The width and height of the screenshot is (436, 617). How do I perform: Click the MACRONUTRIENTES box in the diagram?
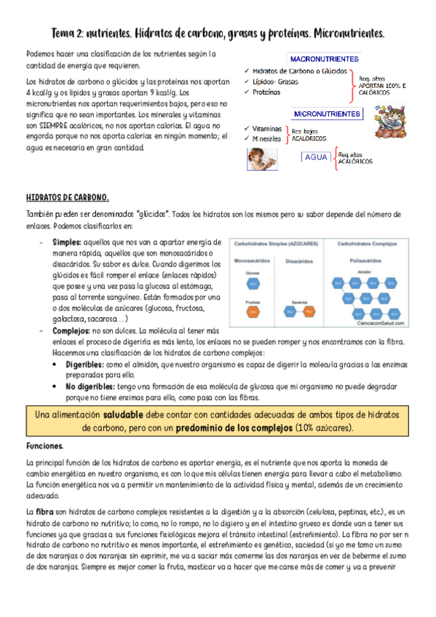(324, 57)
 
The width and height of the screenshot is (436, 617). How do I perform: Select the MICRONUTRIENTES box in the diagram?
(327, 114)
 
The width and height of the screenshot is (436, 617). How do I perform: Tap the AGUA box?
(316, 157)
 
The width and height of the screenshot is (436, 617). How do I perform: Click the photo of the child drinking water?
(263, 159)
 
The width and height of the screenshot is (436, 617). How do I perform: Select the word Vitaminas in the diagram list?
(267, 128)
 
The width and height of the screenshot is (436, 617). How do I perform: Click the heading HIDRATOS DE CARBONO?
(67, 197)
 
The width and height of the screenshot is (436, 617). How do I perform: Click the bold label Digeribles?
(85, 363)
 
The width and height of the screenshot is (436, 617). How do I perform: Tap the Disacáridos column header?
(300, 260)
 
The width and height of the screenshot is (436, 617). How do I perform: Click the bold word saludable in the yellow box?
(125, 414)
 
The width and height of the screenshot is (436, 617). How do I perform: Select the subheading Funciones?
(44, 445)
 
